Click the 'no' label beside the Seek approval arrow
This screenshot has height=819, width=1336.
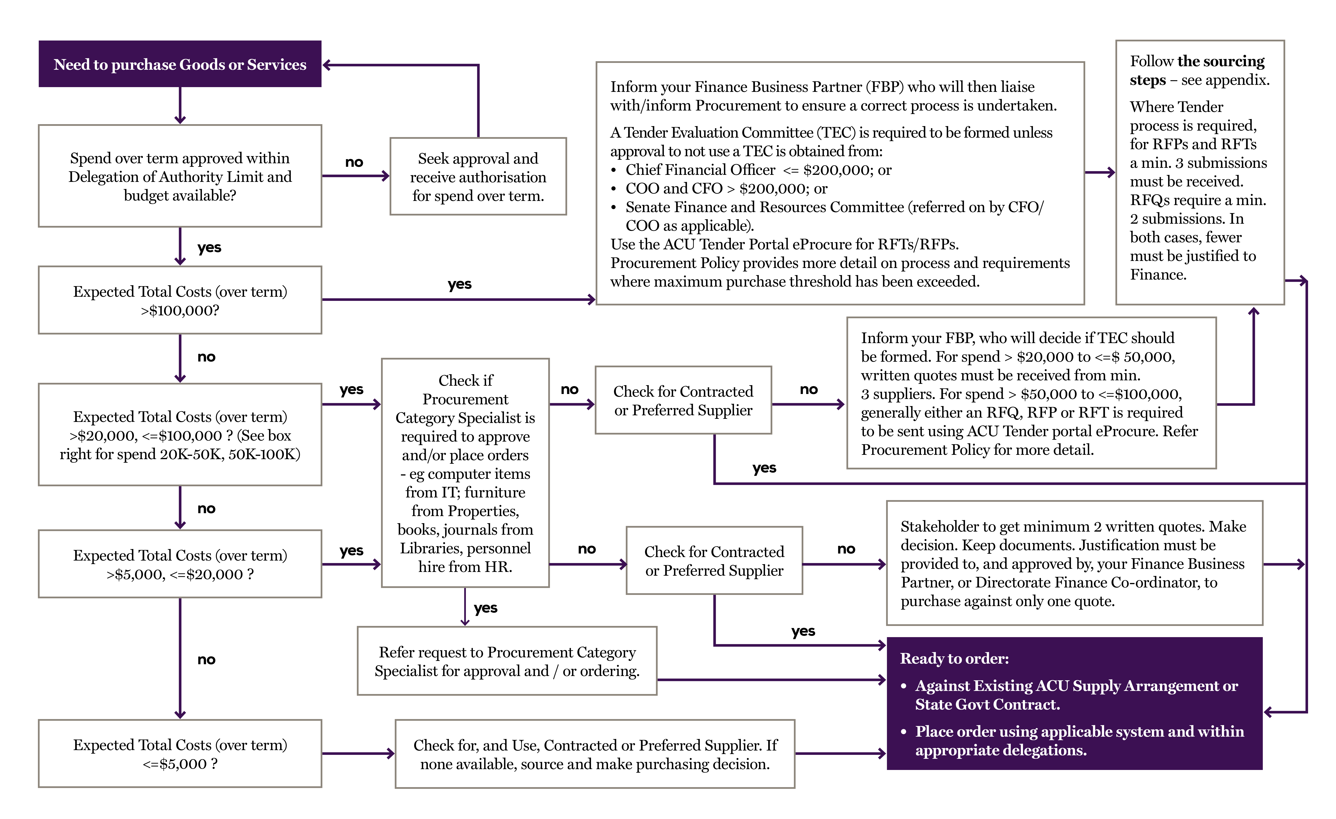[354, 162]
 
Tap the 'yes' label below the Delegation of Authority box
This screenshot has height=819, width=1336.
[209, 248]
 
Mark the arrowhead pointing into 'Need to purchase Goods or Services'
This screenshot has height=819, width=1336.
[327, 65]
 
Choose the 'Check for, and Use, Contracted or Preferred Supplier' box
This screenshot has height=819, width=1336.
[595, 754]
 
